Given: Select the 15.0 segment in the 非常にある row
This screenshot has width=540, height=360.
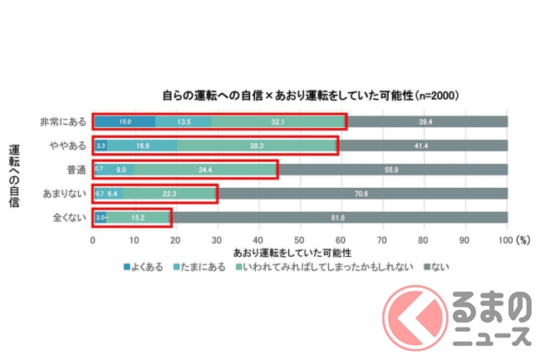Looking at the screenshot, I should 124,122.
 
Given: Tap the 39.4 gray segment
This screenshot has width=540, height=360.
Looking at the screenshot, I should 426,122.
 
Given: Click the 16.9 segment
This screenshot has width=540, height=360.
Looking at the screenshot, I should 142,146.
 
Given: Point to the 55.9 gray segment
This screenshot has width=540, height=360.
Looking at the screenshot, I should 391,170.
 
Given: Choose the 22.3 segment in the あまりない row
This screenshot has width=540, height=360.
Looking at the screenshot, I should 169,195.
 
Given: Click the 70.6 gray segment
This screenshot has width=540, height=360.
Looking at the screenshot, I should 361,195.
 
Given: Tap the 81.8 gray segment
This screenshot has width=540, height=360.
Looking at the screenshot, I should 339,218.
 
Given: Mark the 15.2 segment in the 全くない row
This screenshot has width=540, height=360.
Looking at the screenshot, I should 138,218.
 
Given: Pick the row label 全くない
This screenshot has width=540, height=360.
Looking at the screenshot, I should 68,218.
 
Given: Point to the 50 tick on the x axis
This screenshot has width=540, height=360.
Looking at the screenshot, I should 300,239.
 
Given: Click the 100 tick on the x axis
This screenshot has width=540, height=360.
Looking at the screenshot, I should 505,239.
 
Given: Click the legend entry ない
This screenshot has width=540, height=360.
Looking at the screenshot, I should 439,268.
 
